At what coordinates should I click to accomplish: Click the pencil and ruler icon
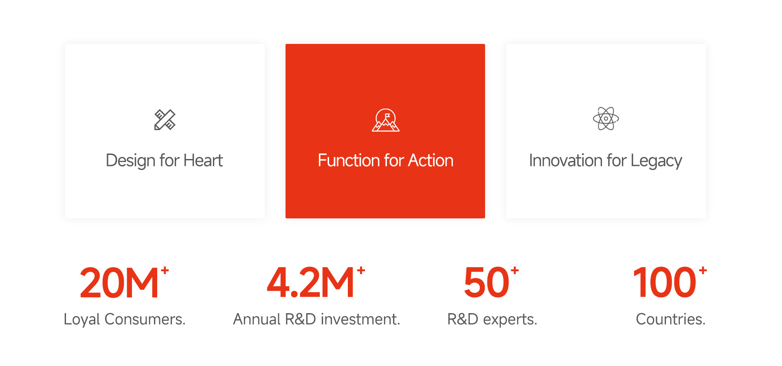point(165,120)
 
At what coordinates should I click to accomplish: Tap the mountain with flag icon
point(386,120)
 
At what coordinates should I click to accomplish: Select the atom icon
point(606,119)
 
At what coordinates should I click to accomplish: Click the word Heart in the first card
point(203,160)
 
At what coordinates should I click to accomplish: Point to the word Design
point(131,161)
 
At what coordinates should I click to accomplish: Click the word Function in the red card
point(349,160)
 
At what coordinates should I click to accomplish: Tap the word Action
point(431,160)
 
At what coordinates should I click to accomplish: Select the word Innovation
point(566,160)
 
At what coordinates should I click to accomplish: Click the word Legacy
point(656,161)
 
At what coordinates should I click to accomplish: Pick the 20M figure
point(119,283)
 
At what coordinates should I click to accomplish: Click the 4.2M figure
point(310,283)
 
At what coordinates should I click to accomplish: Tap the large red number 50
point(486,283)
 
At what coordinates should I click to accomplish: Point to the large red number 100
point(665,283)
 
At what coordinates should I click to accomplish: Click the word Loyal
point(82,320)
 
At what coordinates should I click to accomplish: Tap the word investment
point(360,319)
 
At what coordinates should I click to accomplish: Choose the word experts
point(510,320)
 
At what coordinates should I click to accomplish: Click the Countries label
point(670,319)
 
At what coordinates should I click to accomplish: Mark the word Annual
point(257,319)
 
